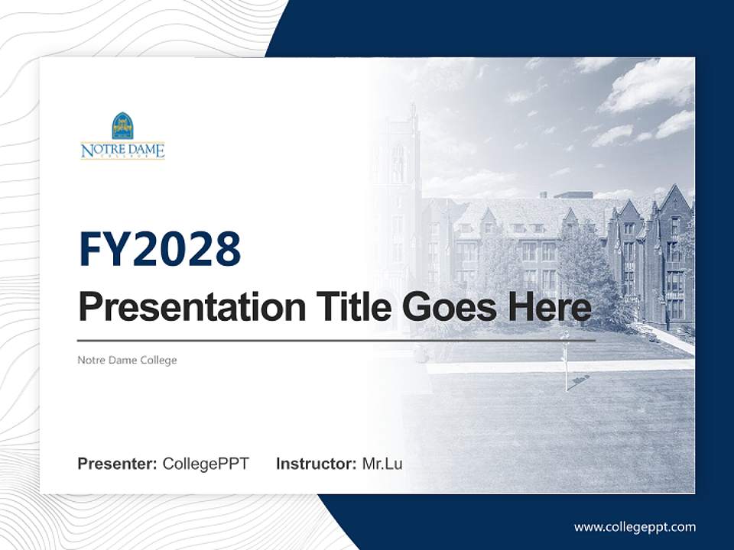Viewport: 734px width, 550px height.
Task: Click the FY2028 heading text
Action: point(160,250)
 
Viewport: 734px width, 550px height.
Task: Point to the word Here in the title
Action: point(550,307)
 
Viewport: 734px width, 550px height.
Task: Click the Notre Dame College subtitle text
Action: point(127,360)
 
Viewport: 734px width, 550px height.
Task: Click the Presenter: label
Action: point(117,464)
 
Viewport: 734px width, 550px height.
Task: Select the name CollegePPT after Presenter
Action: point(206,464)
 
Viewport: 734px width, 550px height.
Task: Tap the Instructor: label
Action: point(316,464)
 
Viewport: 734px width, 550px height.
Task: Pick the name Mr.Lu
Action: point(382,464)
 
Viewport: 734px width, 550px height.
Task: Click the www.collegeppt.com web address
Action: point(635,527)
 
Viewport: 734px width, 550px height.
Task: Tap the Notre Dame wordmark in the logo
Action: point(122,149)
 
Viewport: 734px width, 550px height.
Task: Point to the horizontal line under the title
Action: point(336,340)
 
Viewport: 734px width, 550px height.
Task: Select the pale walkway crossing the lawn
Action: point(558,367)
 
